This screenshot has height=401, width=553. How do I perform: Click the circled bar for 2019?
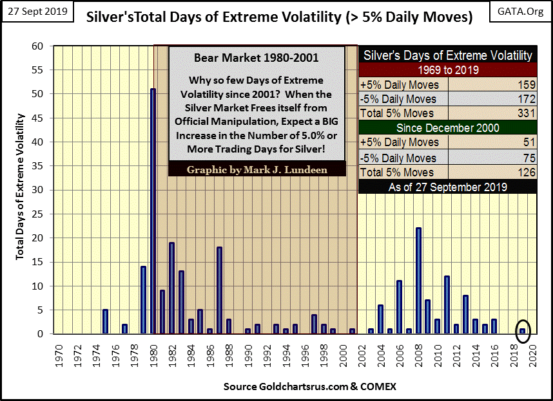[523, 331]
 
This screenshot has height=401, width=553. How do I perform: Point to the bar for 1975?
[105, 321]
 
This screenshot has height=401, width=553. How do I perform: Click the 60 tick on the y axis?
[41, 46]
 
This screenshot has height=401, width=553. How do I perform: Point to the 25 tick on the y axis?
[41, 214]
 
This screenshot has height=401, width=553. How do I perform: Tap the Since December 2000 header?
[448, 128]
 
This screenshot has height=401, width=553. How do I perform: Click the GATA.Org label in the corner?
[521, 12]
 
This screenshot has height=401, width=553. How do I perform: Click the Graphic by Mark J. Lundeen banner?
[257, 170]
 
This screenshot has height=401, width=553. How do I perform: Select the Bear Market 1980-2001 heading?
[257, 58]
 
